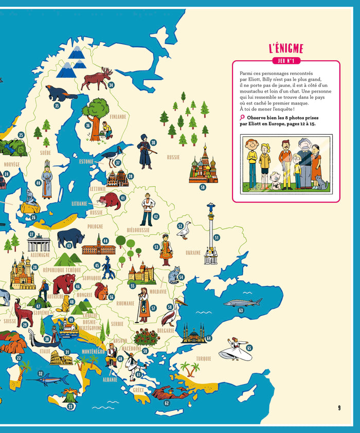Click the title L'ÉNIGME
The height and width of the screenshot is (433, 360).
(286, 49)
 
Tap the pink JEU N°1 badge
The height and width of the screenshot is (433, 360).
(286, 61)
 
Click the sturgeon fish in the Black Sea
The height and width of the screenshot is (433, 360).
(242, 302)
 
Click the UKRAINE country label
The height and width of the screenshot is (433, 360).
(193, 252)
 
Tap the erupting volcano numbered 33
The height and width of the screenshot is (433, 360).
(69, 395)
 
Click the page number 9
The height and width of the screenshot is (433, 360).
(339, 408)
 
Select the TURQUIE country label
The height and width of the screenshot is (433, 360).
(203, 358)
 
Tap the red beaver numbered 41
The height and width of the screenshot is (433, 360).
(110, 201)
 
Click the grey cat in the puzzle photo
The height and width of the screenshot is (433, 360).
(321, 182)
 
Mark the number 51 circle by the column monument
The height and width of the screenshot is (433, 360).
(217, 238)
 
